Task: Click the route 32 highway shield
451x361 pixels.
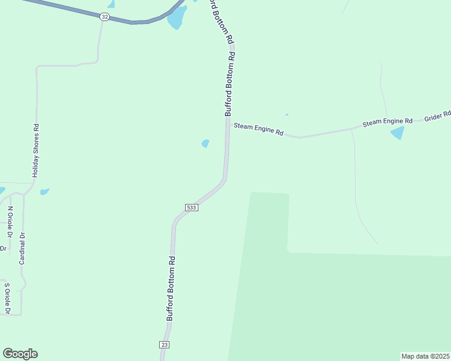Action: coord(105,17)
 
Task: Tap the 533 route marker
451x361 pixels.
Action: coord(191,207)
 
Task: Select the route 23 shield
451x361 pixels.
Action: coord(165,344)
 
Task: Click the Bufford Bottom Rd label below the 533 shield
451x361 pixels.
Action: coord(171,288)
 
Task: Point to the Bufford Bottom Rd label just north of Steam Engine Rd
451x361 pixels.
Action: coord(229,84)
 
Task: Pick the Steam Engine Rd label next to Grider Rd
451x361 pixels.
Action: coord(387,122)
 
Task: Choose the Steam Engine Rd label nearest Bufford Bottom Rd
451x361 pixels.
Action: coord(258,128)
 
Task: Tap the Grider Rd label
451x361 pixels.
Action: coord(438,115)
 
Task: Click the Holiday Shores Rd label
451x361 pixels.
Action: coord(36,150)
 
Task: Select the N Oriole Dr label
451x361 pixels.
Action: coord(10,223)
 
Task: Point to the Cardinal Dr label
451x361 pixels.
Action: coord(22,248)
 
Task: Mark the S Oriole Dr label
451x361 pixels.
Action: coord(7,298)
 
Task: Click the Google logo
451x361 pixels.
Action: coord(20,354)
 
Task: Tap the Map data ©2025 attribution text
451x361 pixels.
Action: coord(426,356)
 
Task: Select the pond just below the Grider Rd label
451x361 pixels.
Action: coord(397,133)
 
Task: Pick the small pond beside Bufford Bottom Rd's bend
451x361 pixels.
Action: coord(206,143)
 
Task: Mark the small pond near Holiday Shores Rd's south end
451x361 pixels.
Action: coord(44,192)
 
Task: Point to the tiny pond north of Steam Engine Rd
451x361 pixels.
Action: coord(286,114)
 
